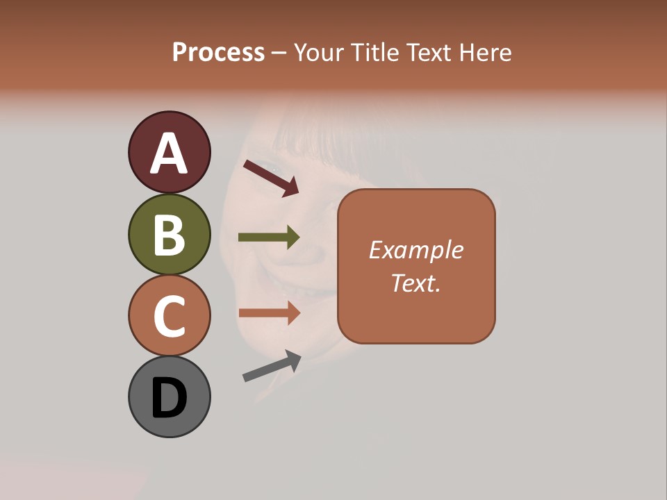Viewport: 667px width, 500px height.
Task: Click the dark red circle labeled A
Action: pyautogui.click(x=169, y=152)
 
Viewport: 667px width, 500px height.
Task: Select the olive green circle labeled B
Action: pyautogui.click(x=169, y=234)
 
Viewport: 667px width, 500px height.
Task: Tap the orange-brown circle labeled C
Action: pyautogui.click(x=169, y=315)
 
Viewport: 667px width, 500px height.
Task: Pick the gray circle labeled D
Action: pyautogui.click(x=169, y=397)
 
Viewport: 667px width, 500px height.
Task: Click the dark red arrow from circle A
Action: pyautogui.click(x=271, y=178)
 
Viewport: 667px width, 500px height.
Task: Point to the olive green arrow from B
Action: pyautogui.click(x=269, y=237)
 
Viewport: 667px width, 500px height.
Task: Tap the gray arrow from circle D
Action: pyautogui.click(x=272, y=367)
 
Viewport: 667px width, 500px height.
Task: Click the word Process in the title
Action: pyautogui.click(x=218, y=53)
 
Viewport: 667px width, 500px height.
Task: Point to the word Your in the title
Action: pyautogui.click(x=318, y=53)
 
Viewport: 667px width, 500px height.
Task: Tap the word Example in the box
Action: pyautogui.click(x=415, y=251)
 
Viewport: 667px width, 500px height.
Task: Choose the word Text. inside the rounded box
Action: pyautogui.click(x=415, y=283)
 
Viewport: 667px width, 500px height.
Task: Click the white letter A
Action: pyautogui.click(x=169, y=153)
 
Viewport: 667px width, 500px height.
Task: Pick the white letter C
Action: pyautogui.click(x=169, y=316)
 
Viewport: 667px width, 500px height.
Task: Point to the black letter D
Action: pyautogui.click(x=169, y=398)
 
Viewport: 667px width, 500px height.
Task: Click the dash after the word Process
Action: pyautogui.click(x=279, y=53)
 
